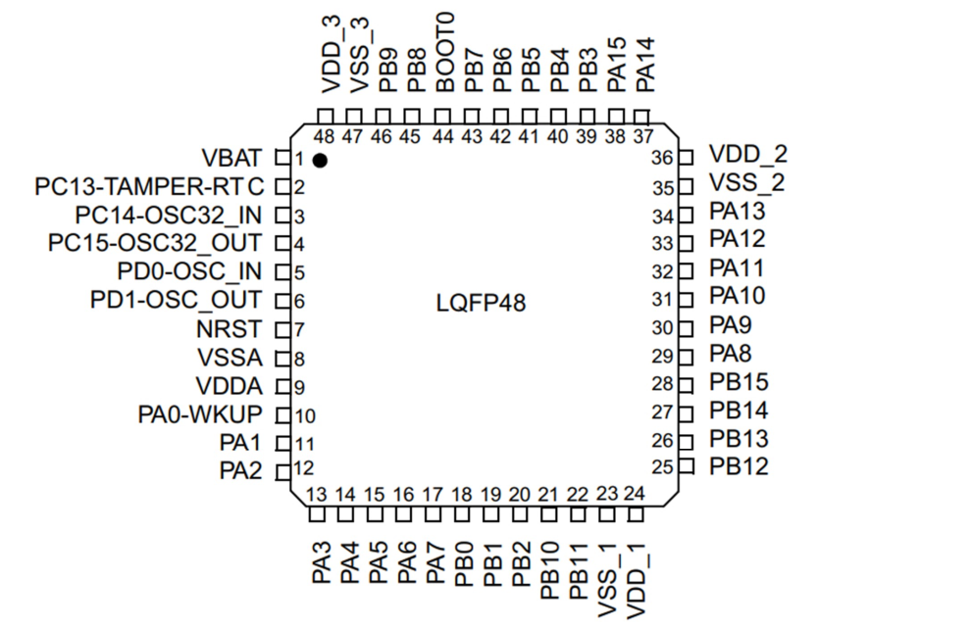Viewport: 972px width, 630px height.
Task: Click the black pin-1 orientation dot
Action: tap(320, 159)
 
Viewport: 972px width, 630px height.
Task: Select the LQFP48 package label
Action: tap(481, 303)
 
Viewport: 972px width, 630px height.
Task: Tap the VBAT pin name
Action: tap(231, 158)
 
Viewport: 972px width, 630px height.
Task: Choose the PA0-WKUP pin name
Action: tap(200, 414)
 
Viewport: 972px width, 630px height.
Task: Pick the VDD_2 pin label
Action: tap(747, 154)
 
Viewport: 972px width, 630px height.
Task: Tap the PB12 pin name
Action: tap(740, 465)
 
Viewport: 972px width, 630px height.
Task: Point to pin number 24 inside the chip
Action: tap(635, 493)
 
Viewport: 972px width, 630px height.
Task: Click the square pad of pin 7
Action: tap(282, 330)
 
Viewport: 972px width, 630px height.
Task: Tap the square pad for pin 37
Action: tap(644, 115)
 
